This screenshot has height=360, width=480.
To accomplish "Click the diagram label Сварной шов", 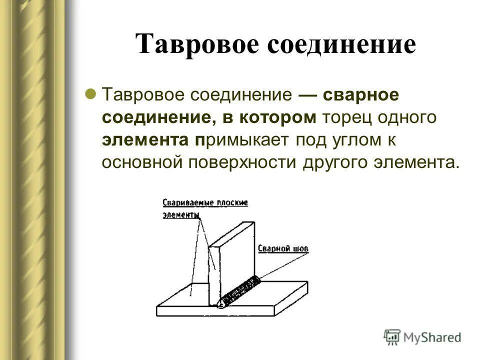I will pos(283,248).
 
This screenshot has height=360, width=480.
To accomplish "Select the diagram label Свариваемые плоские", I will pos(205,202).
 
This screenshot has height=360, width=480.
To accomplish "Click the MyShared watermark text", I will pos(432,337).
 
